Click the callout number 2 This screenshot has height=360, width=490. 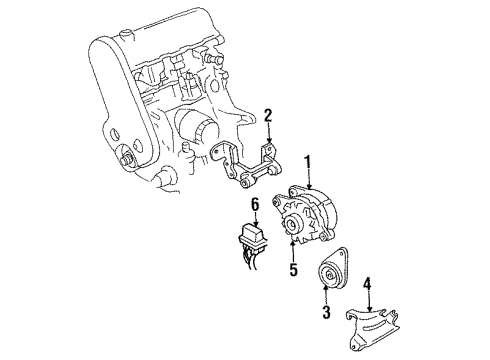(268, 115)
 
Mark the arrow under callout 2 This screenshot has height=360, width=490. (268, 133)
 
